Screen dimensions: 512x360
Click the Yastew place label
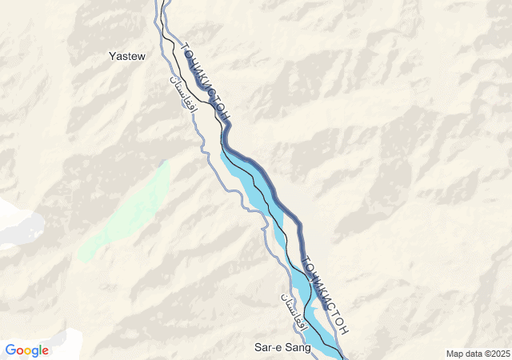pos(126,56)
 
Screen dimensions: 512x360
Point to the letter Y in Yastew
pos(112,56)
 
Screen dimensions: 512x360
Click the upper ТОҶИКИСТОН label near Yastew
pos(206,82)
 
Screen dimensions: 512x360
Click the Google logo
pos(27,350)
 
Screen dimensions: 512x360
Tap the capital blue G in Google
pos(10,350)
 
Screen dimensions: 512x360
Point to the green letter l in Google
pos(40,350)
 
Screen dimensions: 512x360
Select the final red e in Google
pos(46,351)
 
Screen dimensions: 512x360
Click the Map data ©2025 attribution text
pos(477,354)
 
